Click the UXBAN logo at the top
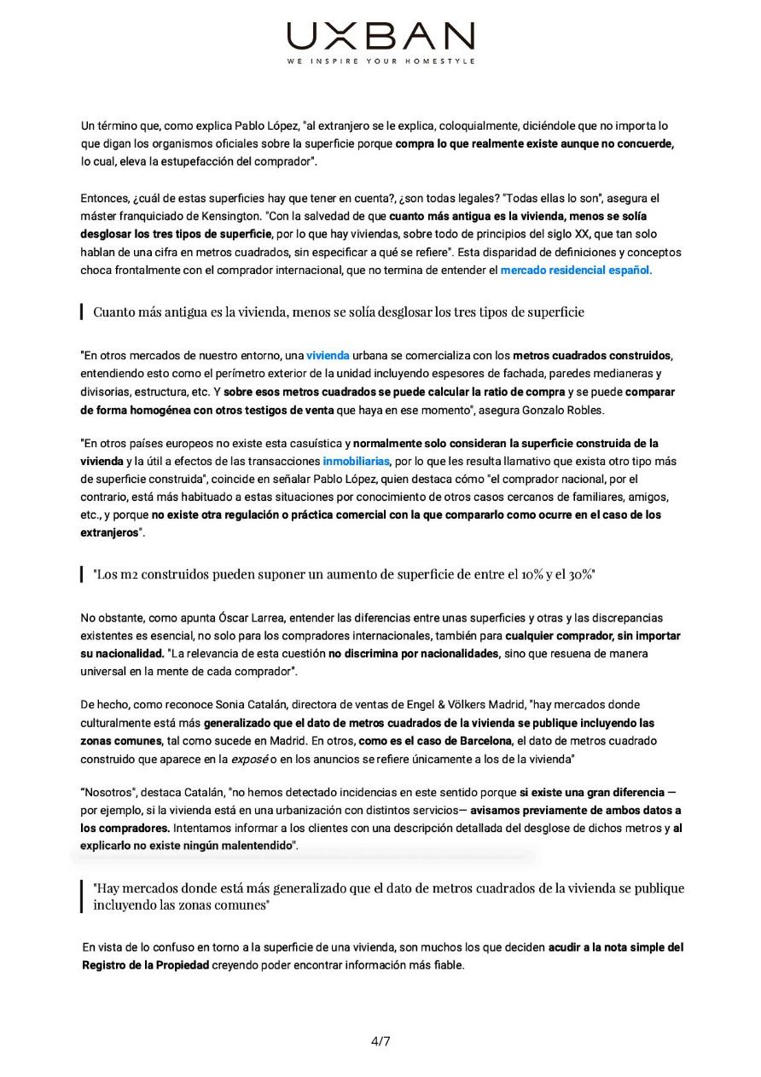(380, 36)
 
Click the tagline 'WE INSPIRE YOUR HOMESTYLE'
(380, 61)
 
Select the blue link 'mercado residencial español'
(574, 271)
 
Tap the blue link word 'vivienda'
(328, 355)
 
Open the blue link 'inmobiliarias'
(356, 462)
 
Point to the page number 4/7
(380, 1041)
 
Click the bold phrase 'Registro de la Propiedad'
(145, 965)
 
